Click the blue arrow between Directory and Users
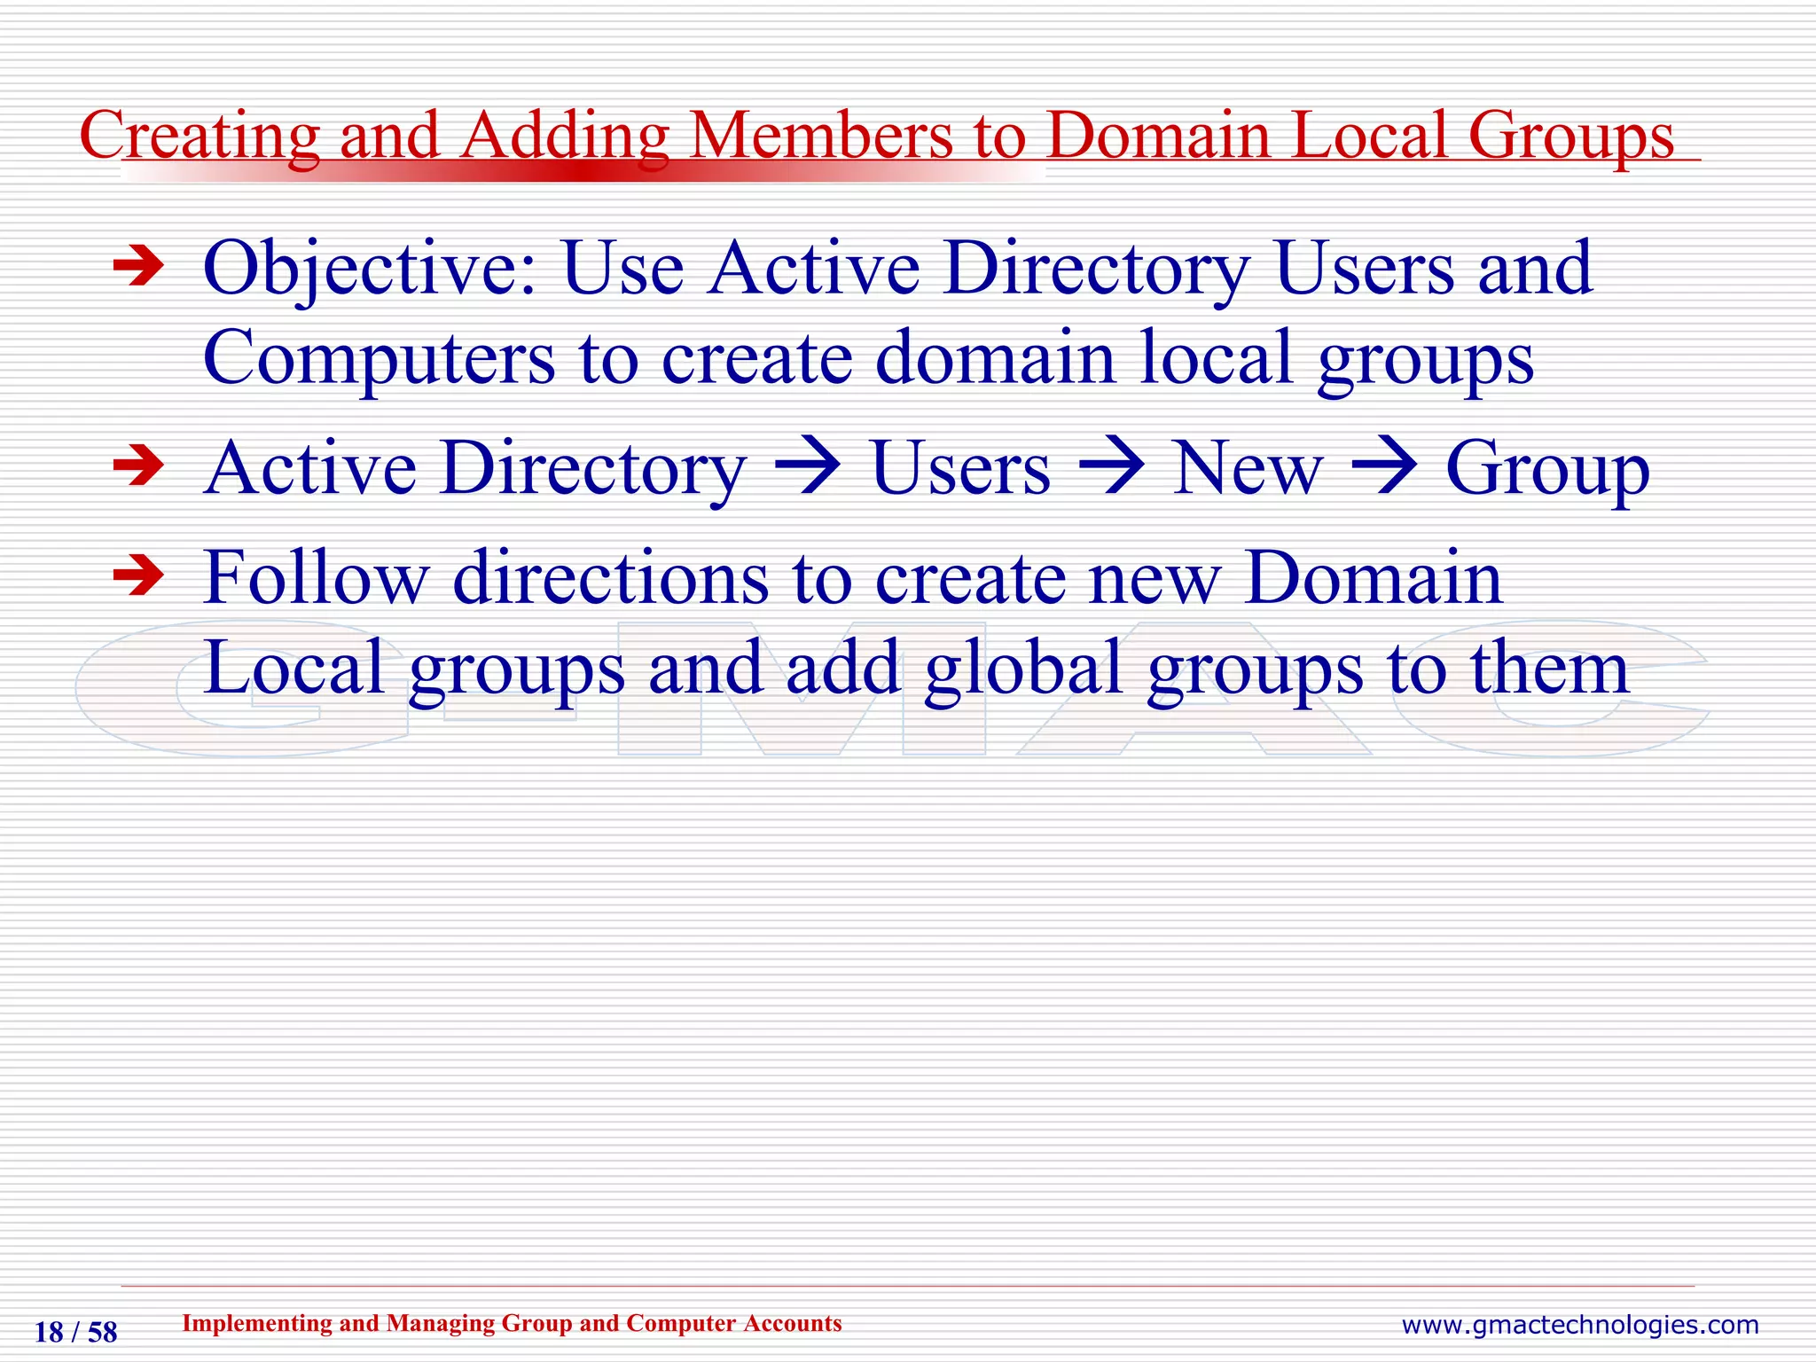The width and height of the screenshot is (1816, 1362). pyautogui.click(x=808, y=466)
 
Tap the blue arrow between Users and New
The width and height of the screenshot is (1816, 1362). pyautogui.click(x=1111, y=466)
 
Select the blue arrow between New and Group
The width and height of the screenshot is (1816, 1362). pyautogui.click(x=1384, y=466)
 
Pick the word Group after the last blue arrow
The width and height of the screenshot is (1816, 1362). pyautogui.click(x=1547, y=470)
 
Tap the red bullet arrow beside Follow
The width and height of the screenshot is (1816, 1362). pyautogui.click(x=139, y=576)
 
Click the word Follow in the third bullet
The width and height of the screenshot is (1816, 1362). pyautogui.click(x=316, y=578)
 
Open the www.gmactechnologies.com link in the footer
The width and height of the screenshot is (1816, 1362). pyautogui.click(x=1579, y=1325)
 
